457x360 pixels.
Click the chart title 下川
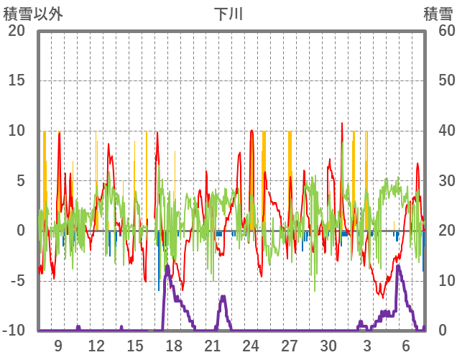(x=228, y=14)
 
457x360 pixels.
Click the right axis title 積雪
(x=438, y=14)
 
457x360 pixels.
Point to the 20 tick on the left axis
(x=17, y=31)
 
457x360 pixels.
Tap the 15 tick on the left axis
(x=17, y=80)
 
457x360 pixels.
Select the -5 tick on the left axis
(x=17, y=281)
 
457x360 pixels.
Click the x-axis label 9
(x=58, y=346)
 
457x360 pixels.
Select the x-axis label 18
(x=174, y=346)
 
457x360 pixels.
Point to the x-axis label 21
(x=213, y=346)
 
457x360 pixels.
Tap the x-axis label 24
(x=251, y=346)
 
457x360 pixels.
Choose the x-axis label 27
(x=290, y=346)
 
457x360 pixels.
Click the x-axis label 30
(x=328, y=346)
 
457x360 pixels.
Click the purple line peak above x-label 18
(x=167, y=267)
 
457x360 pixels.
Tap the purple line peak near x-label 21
(x=223, y=297)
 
